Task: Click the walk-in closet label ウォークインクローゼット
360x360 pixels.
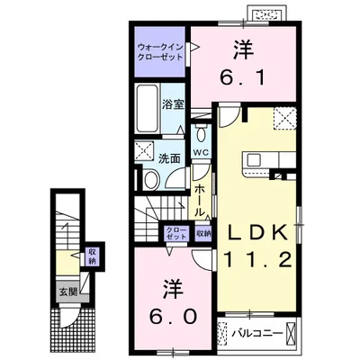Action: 160,50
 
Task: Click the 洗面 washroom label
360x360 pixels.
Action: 169,157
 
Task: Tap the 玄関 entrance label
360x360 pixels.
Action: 68,292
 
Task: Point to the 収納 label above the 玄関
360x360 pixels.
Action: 92,256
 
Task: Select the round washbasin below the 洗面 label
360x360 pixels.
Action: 149,180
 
